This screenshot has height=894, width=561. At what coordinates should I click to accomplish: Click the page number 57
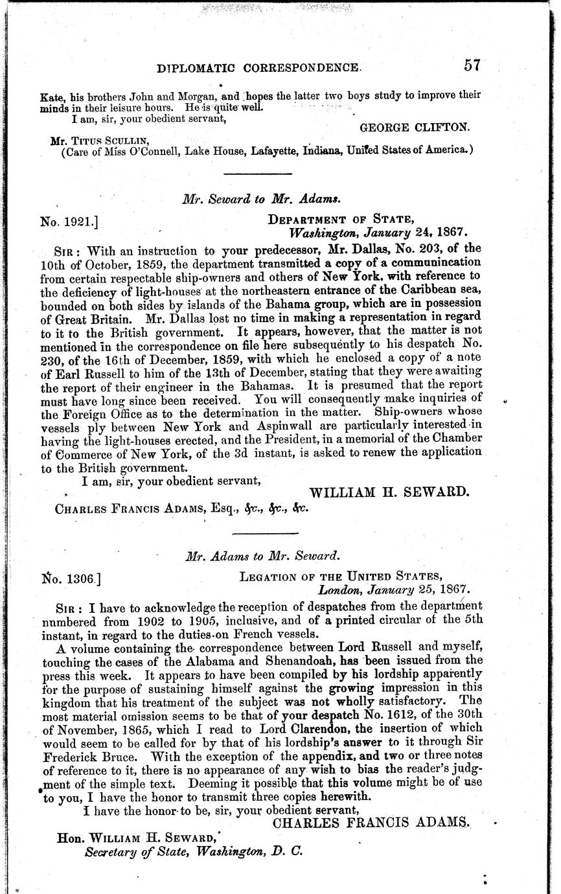[x=471, y=65]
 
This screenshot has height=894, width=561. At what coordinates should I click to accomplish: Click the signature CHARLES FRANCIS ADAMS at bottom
[x=371, y=823]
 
